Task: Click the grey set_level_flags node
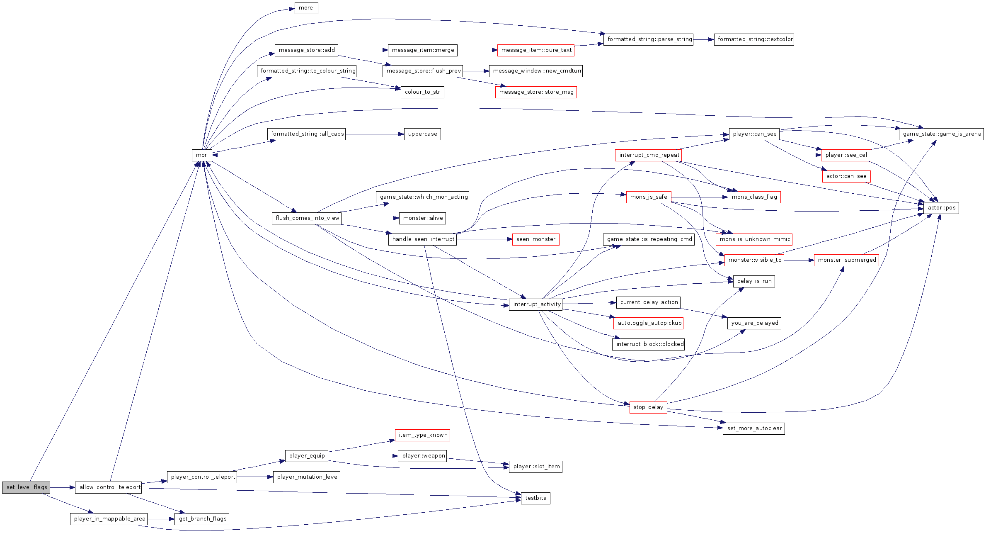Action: tap(26, 487)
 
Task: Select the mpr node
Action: tap(201, 155)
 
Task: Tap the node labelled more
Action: tap(306, 8)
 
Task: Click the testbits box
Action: tap(535, 498)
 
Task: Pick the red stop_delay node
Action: tap(648, 407)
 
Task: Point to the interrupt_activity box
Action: tap(535, 304)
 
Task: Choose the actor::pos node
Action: tap(941, 208)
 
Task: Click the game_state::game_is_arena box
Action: tap(941, 134)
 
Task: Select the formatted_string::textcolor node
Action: tap(754, 39)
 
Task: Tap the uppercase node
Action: tap(422, 134)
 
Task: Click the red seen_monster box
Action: tap(535, 239)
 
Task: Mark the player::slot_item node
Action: tap(535, 467)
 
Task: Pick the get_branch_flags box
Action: tap(202, 519)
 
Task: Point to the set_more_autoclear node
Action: tap(754, 428)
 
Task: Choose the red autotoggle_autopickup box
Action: tap(648, 323)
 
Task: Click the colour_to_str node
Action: tap(422, 92)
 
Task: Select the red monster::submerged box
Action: tap(846, 260)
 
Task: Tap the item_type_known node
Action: tap(422, 435)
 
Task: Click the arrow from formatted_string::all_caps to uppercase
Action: tap(375, 134)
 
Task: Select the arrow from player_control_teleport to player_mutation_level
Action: tap(255, 477)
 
